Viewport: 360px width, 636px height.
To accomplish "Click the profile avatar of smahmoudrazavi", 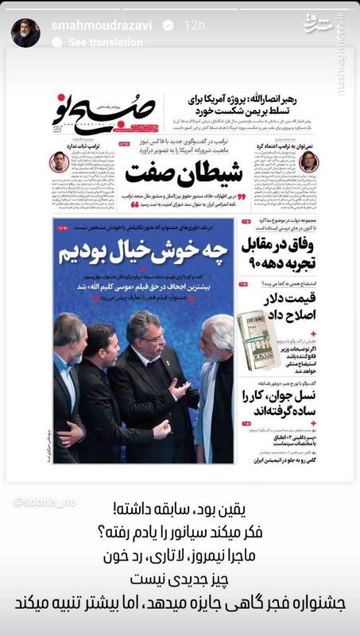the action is coord(21,30).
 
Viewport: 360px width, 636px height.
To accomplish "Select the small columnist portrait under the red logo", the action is coord(59,162).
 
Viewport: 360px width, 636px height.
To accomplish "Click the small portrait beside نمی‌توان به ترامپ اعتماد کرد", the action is coord(308,162).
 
